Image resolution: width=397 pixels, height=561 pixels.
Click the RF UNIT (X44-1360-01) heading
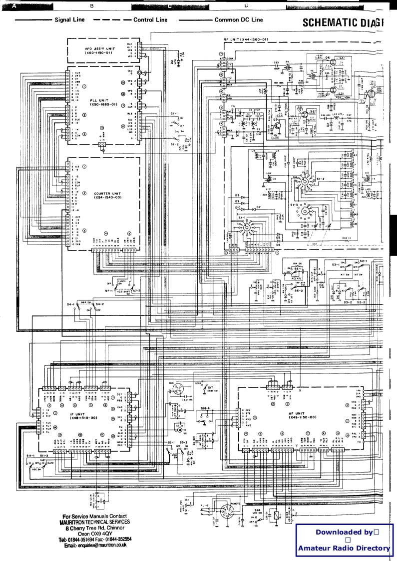pos(246,38)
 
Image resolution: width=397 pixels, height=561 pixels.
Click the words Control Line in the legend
pos(150,20)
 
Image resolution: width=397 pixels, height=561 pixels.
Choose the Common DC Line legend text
pos(238,20)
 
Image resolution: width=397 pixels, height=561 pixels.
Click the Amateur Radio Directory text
pos(344,548)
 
